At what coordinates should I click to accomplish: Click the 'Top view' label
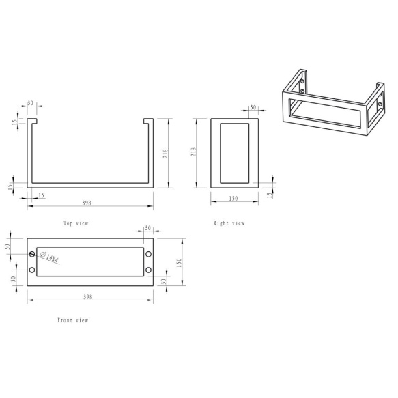point(76,223)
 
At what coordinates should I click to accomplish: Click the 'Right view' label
point(229,223)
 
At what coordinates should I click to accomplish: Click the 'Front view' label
point(73,320)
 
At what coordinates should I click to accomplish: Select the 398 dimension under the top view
point(87,203)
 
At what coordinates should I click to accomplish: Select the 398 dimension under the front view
point(88,296)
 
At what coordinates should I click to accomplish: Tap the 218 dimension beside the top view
point(165,154)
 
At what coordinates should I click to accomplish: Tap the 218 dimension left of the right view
point(193,152)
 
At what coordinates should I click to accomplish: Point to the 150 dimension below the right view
point(233,198)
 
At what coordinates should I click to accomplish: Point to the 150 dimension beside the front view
point(179,262)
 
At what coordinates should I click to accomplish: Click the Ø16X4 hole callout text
point(49,257)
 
